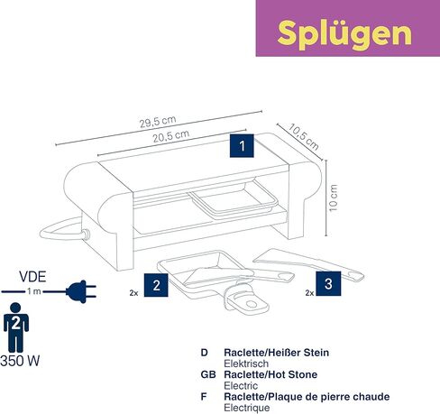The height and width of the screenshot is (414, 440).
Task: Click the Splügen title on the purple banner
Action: tap(344, 33)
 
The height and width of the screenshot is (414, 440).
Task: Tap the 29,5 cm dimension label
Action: tap(158, 122)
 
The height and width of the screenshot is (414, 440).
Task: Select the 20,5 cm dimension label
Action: tap(171, 136)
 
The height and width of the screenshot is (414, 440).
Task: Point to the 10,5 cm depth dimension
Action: tap(304, 137)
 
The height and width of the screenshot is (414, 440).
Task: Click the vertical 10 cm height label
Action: tap(334, 198)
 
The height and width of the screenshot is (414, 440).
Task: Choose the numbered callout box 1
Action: tap(242, 146)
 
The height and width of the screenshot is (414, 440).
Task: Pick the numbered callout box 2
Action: tap(156, 285)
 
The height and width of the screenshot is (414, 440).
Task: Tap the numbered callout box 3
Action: tap(328, 283)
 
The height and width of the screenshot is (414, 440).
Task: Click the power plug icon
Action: tap(81, 291)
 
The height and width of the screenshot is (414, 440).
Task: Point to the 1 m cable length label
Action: tap(34, 291)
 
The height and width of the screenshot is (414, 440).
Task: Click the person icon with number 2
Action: tap(16, 327)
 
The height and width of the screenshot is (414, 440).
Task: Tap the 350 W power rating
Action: tap(20, 361)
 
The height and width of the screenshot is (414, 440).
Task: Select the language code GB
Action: tap(208, 374)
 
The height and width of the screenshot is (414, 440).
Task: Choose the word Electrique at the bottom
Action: tap(247, 408)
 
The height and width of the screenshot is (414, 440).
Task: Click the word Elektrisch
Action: tap(246, 363)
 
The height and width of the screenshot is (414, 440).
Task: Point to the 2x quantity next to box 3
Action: tap(309, 293)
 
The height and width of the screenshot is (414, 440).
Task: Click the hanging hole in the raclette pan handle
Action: tap(251, 304)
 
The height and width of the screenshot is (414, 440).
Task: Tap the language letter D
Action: tap(205, 353)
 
